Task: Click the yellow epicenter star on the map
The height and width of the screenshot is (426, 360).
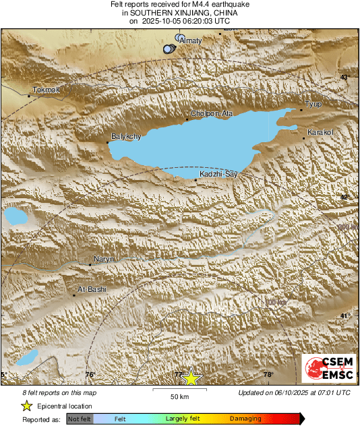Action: coord(192,377)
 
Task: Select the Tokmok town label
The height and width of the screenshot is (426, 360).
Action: coord(47,90)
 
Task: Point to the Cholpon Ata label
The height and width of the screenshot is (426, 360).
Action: coord(212,114)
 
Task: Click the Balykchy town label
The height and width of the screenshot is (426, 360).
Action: coord(125,137)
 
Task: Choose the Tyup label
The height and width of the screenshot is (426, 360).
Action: coord(313,104)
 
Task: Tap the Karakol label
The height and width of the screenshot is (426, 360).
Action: coord(320,132)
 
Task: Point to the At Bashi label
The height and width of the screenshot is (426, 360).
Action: coord(92,289)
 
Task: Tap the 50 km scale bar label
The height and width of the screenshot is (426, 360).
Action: coord(179,395)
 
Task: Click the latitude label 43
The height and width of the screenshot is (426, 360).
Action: coord(344,78)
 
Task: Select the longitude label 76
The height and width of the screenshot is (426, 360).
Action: coord(90,375)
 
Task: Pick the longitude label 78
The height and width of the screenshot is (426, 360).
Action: coord(268,375)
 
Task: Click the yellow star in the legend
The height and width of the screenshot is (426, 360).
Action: coord(27,406)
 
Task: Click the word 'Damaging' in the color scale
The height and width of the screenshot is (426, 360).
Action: coord(246,419)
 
